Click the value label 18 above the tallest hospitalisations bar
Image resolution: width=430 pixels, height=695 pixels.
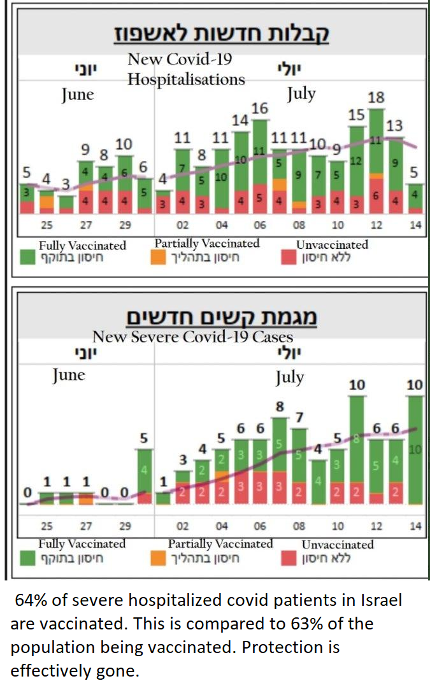tap(376, 98)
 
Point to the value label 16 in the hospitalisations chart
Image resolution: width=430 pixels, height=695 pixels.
tap(259, 108)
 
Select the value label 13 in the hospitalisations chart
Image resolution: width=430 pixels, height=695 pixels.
tap(394, 126)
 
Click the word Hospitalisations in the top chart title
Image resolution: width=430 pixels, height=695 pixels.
tap(186, 80)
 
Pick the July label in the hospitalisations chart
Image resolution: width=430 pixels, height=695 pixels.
tap(301, 94)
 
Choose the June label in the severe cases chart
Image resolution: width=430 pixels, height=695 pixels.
tap(68, 375)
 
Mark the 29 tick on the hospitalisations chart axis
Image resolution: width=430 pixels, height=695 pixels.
tap(124, 225)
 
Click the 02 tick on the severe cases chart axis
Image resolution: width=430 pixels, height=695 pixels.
tap(182, 526)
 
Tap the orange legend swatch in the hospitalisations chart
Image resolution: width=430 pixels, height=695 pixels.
tap(164, 258)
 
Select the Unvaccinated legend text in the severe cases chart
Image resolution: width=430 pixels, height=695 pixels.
tap(338, 545)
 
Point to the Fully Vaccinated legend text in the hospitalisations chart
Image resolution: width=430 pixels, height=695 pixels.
tap(82, 245)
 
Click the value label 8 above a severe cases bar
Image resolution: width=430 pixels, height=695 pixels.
tap(279, 406)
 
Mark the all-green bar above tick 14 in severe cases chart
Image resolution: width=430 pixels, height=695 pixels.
tap(414, 449)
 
